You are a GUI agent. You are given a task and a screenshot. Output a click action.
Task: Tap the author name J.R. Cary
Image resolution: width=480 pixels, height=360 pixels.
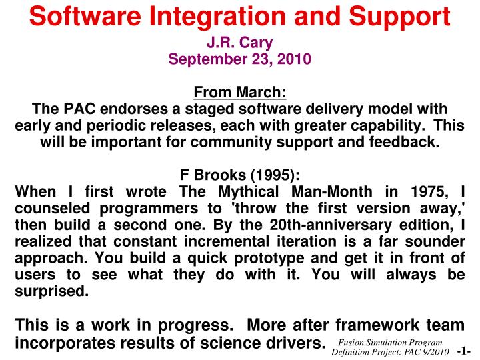click(239, 43)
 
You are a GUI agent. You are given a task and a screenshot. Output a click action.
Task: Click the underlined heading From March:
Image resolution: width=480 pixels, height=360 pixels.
click(239, 93)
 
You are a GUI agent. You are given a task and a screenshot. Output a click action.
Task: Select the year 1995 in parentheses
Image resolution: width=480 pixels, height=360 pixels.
click(275, 175)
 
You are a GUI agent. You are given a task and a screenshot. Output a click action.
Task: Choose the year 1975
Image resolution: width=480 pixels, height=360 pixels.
click(425, 192)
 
